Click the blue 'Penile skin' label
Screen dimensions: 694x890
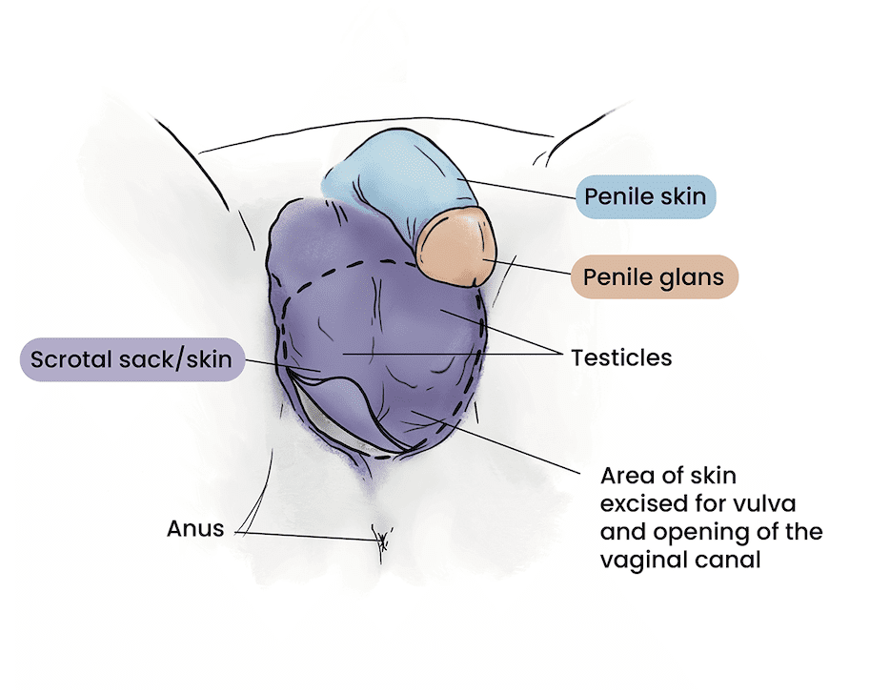pyautogui.click(x=645, y=197)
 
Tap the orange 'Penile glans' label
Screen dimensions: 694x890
pyautogui.click(x=654, y=277)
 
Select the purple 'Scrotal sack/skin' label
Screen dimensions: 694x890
pyautogui.click(x=131, y=360)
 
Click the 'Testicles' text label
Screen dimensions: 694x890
pyautogui.click(x=621, y=358)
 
